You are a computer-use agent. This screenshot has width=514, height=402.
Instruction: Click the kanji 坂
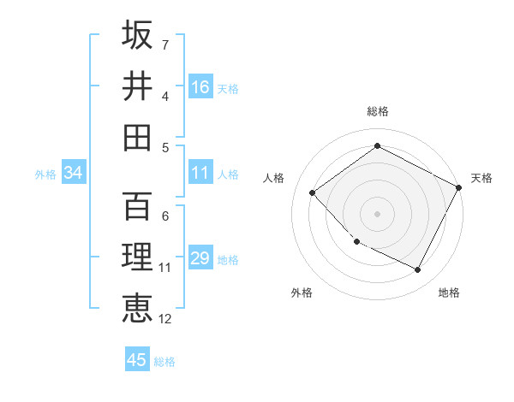(x=137, y=35)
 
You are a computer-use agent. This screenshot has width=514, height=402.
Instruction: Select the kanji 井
(x=137, y=86)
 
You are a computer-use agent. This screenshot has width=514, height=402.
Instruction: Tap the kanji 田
(x=137, y=137)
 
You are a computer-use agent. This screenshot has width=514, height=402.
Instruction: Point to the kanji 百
(x=137, y=206)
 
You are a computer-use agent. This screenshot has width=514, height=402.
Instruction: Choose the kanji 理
(x=137, y=257)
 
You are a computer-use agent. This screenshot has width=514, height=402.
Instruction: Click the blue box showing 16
(x=200, y=87)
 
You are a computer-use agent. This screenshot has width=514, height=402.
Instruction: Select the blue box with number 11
(x=200, y=174)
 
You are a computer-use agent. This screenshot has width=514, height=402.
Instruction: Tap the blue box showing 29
(x=200, y=259)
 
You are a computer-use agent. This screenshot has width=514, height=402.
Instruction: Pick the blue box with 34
(x=74, y=174)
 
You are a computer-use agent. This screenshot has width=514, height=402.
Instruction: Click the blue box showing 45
(x=137, y=360)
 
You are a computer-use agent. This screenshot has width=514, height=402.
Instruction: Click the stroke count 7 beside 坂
(x=164, y=44)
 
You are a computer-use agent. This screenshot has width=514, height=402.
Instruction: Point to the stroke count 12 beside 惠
(x=164, y=319)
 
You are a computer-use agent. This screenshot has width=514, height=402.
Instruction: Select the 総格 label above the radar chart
(x=378, y=111)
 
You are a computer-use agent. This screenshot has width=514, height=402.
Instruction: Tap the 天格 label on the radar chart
(x=481, y=178)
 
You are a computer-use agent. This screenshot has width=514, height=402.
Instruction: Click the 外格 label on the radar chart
(x=302, y=293)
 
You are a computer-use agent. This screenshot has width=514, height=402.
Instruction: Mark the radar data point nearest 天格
(x=459, y=187)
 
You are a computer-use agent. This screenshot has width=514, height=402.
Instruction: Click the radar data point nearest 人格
(x=313, y=192)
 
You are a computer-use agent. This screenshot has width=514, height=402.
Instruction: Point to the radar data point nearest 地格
(x=418, y=270)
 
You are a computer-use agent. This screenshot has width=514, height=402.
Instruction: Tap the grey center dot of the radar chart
(x=377, y=213)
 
